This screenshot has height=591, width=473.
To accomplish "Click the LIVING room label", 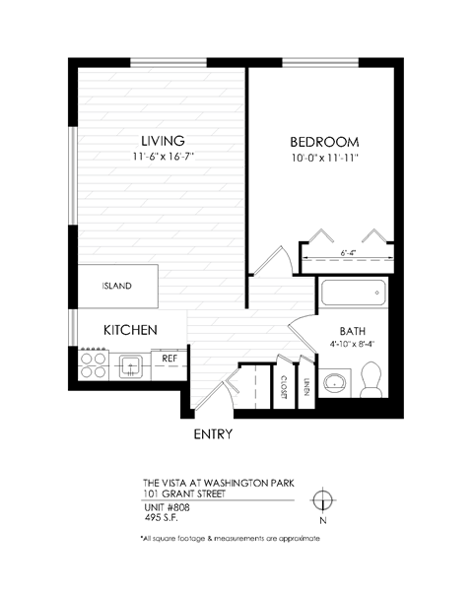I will pos(163,139).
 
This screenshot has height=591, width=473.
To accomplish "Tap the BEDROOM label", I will pos(323,140).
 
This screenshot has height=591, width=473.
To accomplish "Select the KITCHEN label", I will pos(129,330).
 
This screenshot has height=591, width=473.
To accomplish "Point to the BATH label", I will pos(353,331).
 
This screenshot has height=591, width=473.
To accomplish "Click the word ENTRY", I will pos(212,433).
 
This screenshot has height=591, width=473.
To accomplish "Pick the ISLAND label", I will pos(117,287).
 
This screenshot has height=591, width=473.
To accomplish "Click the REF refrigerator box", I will pos(169,360).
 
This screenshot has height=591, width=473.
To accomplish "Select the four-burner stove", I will pos(93,365).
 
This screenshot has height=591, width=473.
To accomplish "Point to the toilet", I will pos(372,379).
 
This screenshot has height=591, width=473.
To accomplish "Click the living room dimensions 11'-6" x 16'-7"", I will pos(163,157).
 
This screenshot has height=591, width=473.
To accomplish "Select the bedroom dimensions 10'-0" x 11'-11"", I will pos(323,158).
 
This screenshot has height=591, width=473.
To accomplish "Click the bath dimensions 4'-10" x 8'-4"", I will pos(353,345).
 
